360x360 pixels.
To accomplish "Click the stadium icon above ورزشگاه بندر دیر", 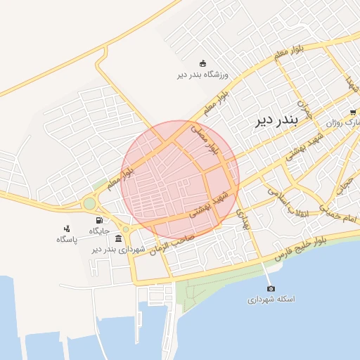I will [203, 63].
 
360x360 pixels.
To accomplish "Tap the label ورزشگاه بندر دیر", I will [203, 74].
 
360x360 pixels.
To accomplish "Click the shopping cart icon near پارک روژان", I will [352, 112].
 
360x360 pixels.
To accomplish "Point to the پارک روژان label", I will [342, 122].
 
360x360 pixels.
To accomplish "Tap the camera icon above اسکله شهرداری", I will [271, 288].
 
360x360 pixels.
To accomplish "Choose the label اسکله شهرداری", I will [271, 300].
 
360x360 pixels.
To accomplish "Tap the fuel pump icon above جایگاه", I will [98, 220].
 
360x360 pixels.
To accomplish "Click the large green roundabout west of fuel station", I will [89, 204].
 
